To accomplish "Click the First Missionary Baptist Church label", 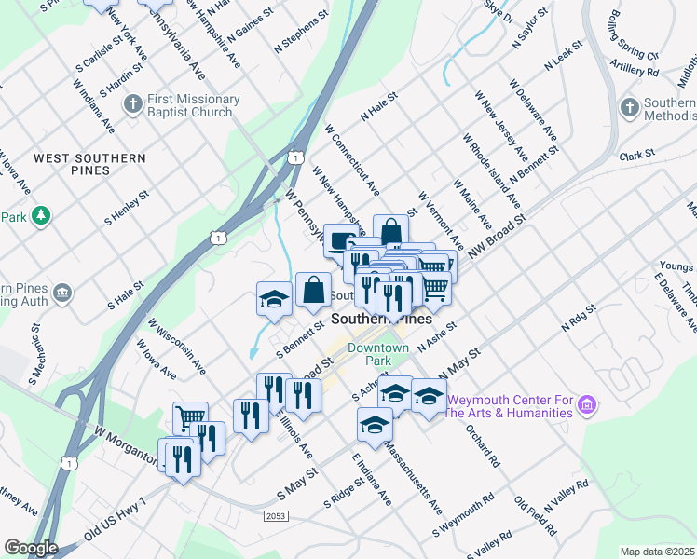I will click(x=193, y=106).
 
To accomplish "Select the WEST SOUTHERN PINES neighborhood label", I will click(x=89, y=165).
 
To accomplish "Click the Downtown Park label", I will click(x=378, y=354).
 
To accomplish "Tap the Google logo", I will click(x=30, y=548).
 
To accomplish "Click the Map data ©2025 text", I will click(x=658, y=552).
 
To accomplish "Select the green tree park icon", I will click(x=40, y=216).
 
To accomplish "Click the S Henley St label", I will click(x=128, y=209).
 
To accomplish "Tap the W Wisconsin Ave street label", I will click(x=177, y=347).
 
